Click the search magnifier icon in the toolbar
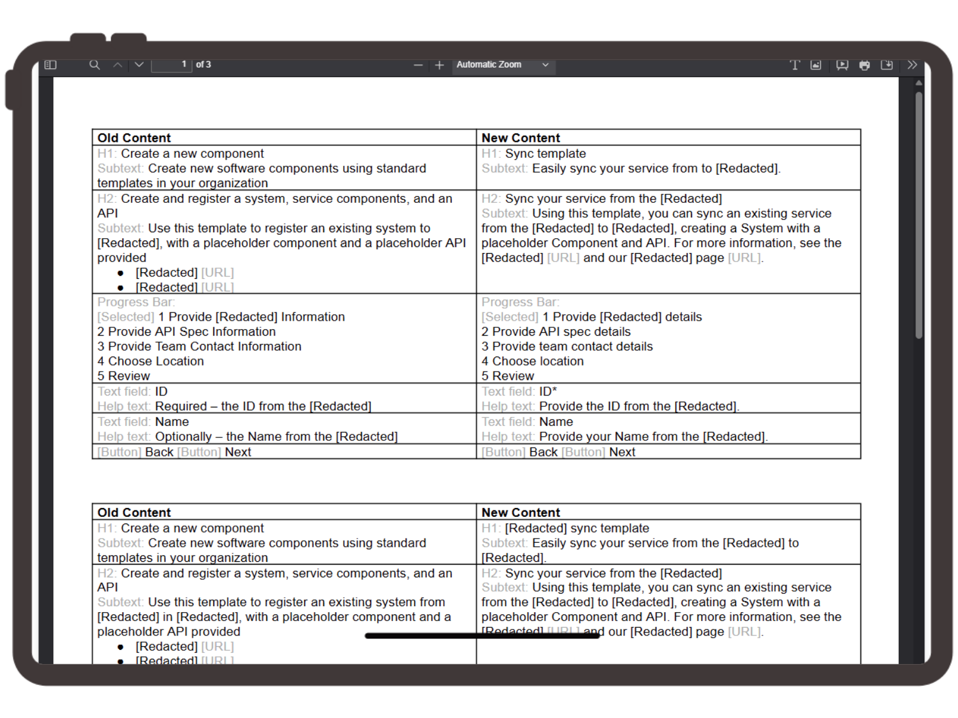click(x=95, y=65)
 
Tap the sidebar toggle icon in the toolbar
click(x=50, y=65)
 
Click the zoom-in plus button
click(x=439, y=65)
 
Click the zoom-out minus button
click(x=418, y=65)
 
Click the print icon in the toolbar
click(x=865, y=65)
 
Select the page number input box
click(x=171, y=65)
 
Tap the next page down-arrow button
click(x=139, y=65)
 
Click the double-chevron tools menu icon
click(x=912, y=65)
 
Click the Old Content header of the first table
click(x=134, y=138)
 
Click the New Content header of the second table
click(x=520, y=513)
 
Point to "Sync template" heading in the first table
click(x=545, y=154)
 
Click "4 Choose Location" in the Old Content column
click(x=151, y=361)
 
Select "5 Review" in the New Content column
click(x=508, y=376)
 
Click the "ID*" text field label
click(x=548, y=392)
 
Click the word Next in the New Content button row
click(x=622, y=452)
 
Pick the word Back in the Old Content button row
click(x=159, y=452)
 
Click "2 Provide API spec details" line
click(x=556, y=332)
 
